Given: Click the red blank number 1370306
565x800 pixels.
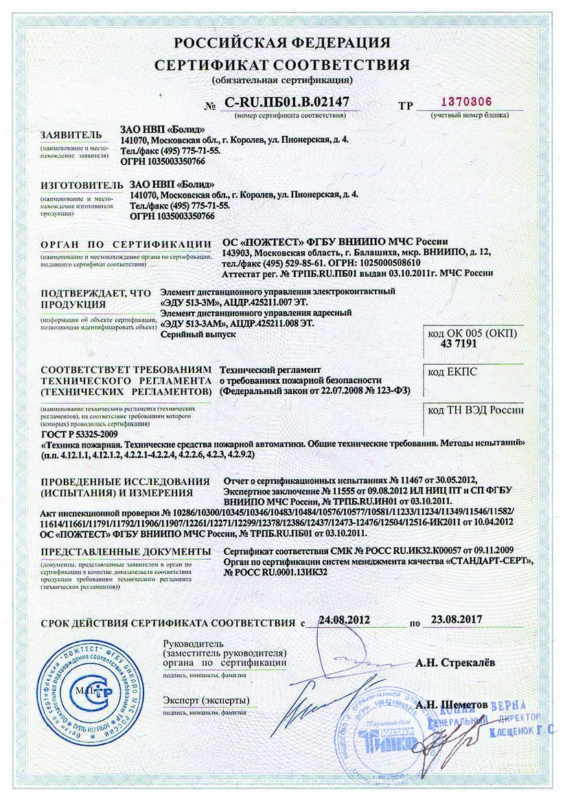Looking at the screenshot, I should (x=465, y=102).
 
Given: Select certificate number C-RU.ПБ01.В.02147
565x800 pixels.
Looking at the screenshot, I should (x=287, y=102).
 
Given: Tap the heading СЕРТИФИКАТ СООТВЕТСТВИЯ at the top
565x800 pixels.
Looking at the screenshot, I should (x=282, y=65).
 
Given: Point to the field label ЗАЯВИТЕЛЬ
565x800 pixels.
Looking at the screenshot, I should (x=71, y=135).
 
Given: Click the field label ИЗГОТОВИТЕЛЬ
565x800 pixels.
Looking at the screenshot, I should (x=76, y=185).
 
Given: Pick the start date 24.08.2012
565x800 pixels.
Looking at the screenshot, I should (x=344, y=619).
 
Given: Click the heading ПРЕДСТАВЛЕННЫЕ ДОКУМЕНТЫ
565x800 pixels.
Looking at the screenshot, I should (x=125, y=551).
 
